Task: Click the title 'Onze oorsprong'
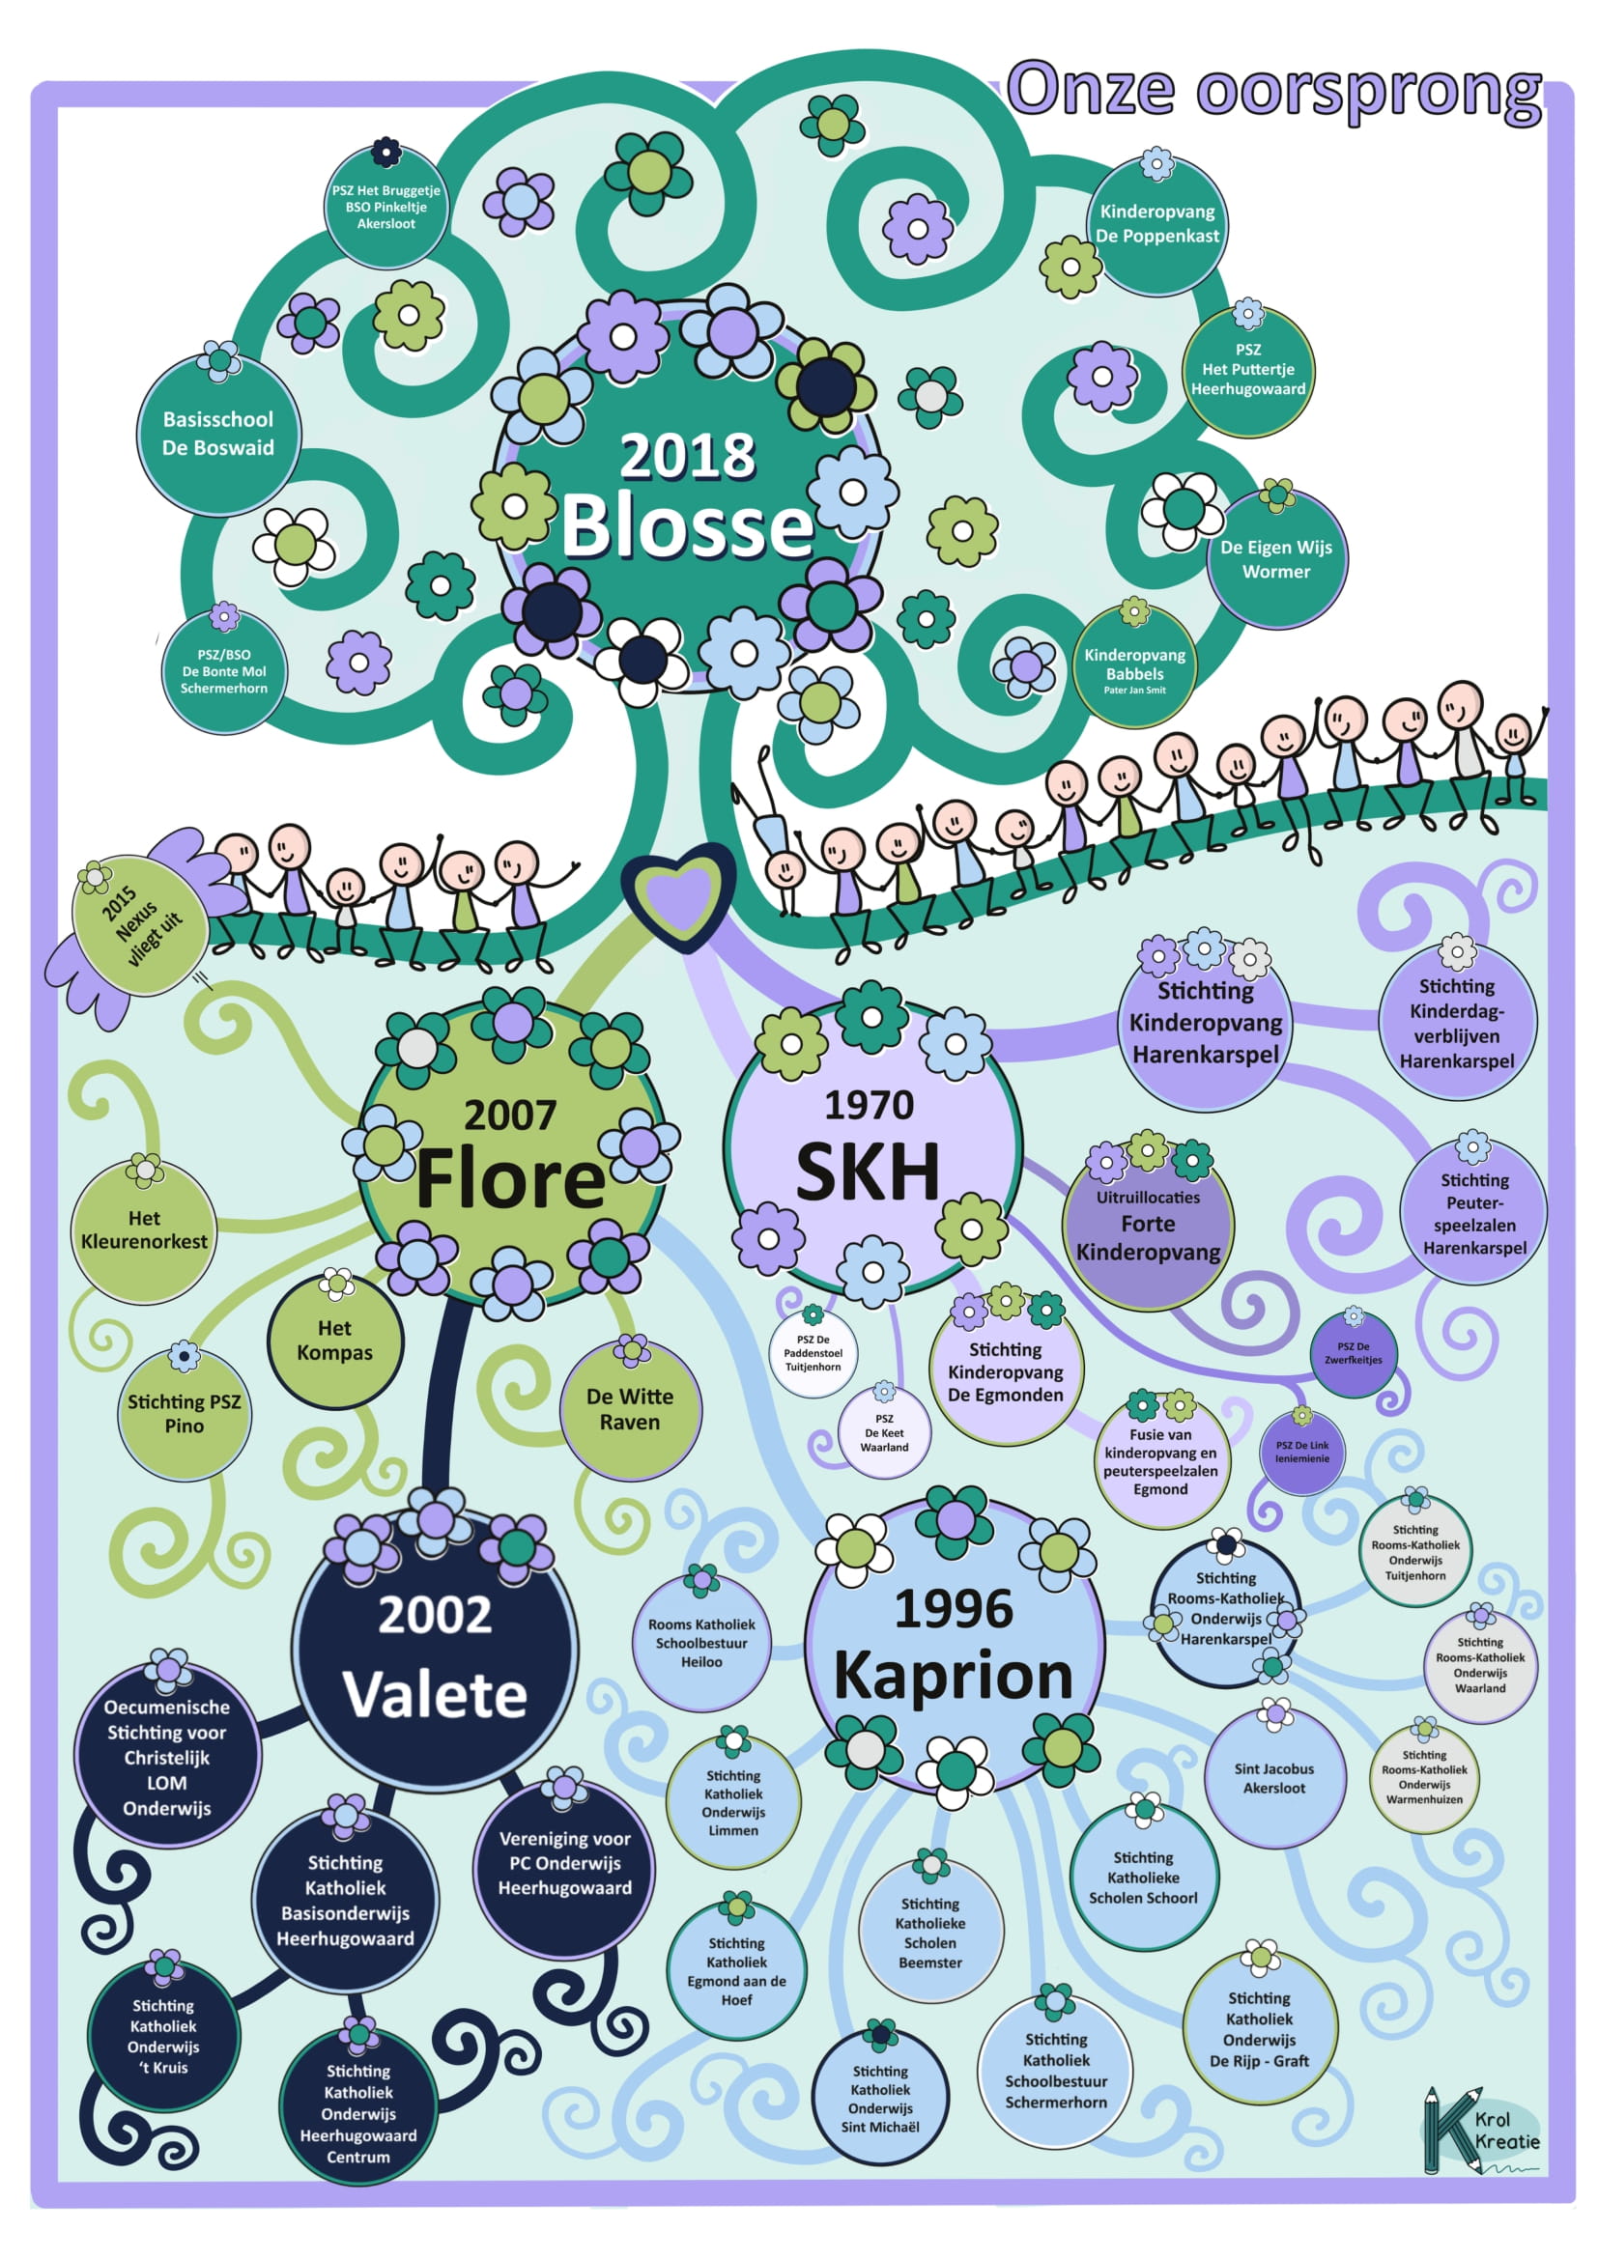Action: click(1273, 91)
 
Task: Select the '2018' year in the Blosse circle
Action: click(687, 457)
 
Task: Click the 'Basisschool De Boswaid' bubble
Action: click(218, 434)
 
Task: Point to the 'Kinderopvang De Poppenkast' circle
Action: click(1157, 223)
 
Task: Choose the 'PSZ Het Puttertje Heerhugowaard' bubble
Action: click(1247, 370)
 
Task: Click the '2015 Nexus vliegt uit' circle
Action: click(141, 926)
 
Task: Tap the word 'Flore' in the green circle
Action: click(510, 1178)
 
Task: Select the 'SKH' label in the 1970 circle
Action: click(868, 1172)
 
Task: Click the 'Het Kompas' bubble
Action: click(334, 1341)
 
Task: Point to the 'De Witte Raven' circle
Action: click(630, 1410)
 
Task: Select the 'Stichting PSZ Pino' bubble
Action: click(184, 1414)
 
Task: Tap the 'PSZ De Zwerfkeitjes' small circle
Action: click(1353, 1354)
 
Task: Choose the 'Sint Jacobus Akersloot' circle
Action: click(1273, 1778)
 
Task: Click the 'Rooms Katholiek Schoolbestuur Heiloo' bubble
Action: click(701, 1643)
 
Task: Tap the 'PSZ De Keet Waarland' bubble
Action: click(884, 1432)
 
